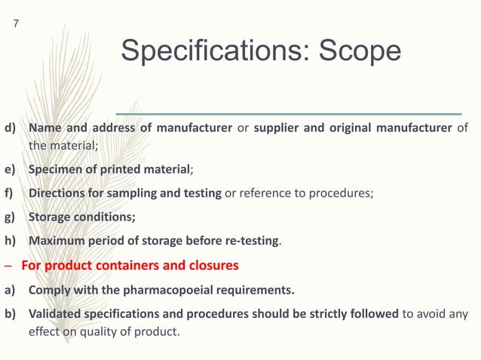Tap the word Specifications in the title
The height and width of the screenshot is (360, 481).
coord(214,51)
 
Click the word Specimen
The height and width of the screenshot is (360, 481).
coord(57,169)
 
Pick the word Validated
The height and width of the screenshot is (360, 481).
coord(56,313)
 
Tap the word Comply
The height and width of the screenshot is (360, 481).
coord(49,289)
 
